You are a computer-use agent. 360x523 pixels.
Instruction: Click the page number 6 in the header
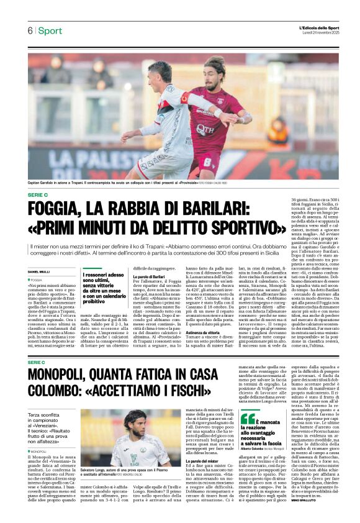tap(30, 31)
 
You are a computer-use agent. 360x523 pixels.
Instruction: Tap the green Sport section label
tap(50, 31)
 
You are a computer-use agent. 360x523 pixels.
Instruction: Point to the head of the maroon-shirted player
tap(215, 68)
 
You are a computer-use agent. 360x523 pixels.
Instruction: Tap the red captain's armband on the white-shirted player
tap(184, 98)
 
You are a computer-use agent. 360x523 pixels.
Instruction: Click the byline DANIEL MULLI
tap(39, 272)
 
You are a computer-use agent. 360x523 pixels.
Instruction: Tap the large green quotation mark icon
tap(247, 419)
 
